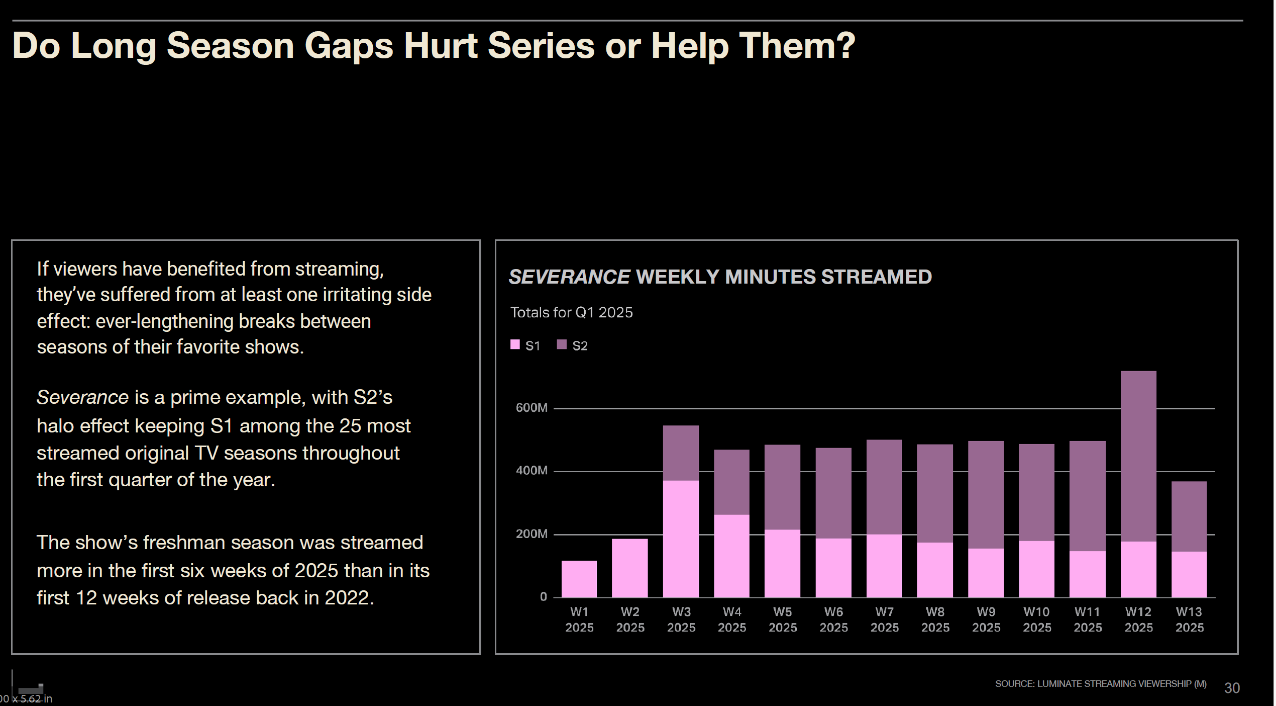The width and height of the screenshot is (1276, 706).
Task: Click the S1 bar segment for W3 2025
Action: pyautogui.click(x=681, y=539)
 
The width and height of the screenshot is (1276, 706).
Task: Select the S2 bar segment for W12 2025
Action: pyautogui.click(x=1138, y=456)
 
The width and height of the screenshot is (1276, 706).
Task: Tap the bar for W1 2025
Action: pyautogui.click(x=579, y=579)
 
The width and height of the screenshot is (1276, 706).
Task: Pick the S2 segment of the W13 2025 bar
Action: pyautogui.click(x=1189, y=516)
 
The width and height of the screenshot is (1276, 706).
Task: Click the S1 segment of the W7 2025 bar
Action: pyautogui.click(x=884, y=566)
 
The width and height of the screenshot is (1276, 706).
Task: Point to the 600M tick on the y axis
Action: pyautogui.click(x=531, y=408)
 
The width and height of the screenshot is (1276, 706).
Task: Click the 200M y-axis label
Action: pyautogui.click(x=531, y=534)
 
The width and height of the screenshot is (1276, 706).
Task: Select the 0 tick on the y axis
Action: pyautogui.click(x=543, y=597)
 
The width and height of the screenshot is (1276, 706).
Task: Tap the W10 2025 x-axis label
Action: pyautogui.click(x=1037, y=620)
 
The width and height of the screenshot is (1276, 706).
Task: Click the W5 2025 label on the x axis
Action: pyautogui.click(x=783, y=620)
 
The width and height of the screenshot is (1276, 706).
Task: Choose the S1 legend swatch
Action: pyautogui.click(x=515, y=345)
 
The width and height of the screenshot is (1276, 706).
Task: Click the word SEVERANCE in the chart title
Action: pyautogui.click(x=569, y=277)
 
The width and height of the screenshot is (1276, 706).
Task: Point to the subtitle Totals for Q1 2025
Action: pyautogui.click(x=571, y=313)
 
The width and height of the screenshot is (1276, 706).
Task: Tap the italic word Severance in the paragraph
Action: pyautogui.click(x=82, y=398)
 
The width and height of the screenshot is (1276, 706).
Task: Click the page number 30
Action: pyautogui.click(x=1232, y=688)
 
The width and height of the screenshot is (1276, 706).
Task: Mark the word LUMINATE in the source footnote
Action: pyautogui.click(x=1059, y=684)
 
